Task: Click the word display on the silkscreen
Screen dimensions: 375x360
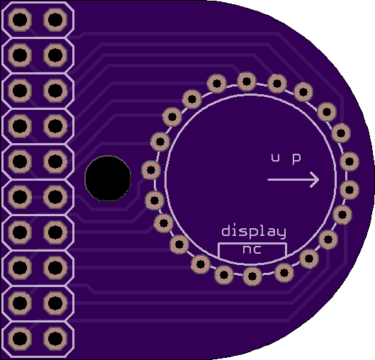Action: pos(254,232)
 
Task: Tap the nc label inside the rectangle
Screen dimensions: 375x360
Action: pos(252,249)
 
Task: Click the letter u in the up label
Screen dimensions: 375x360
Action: pos(275,157)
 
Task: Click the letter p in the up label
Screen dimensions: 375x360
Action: pos(296,159)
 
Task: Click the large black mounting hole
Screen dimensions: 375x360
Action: pos(108,179)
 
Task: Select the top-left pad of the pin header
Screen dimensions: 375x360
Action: pos(20,20)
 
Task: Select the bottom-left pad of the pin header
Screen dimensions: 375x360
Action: pos(20,339)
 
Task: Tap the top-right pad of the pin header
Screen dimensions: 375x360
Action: pos(55,20)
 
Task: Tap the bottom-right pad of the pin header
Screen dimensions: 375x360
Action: pos(55,339)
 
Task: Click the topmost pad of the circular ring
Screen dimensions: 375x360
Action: pos(247,81)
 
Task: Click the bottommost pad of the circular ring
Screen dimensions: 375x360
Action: pos(252,276)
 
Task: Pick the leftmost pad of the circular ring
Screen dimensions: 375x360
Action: pos(151,170)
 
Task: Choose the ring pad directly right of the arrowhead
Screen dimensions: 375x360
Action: pos(349,190)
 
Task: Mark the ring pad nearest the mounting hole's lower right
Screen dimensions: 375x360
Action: pos(155,201)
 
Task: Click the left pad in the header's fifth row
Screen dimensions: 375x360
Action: pos(20,162)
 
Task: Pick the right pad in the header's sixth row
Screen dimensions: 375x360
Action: pos(55,197)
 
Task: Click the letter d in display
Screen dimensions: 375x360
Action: pos(225,230)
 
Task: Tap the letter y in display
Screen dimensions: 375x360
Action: pos(282,233)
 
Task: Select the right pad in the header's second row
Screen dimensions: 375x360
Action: pos(55,55)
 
